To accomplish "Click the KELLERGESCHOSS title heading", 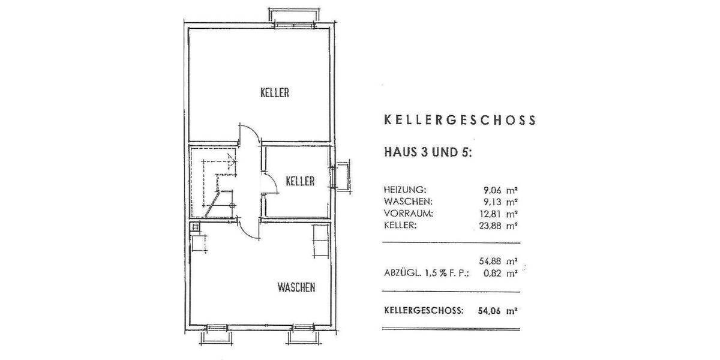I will point(459,120).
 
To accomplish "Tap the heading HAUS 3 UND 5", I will point(428,152).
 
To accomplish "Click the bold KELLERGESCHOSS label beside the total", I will point(424,311).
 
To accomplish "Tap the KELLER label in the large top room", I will point(275,92).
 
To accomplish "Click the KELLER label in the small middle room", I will point(300,181).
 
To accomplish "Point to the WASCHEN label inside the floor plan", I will point(296,288).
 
